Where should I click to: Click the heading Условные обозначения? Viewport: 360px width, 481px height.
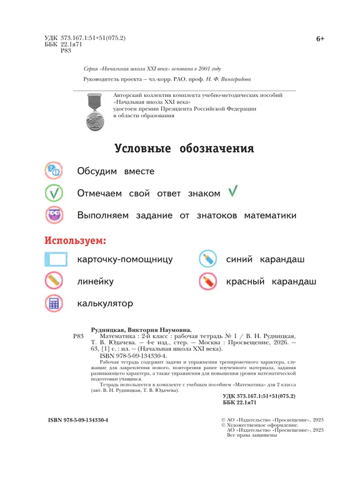tap(184, 149)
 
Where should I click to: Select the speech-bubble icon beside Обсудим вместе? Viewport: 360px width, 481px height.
tap(55, 171)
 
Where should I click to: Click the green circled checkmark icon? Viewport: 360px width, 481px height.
tap(55, 193)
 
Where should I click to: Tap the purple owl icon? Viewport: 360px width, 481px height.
tap(55, 215)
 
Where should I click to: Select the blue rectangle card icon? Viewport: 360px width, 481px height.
tap(55, 260)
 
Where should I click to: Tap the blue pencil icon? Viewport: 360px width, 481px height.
tap(208, 259)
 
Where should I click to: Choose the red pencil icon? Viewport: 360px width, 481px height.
tap(208, 282)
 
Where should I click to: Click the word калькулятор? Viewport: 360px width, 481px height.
tap(105, 303)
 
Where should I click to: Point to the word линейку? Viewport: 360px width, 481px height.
tap(96, 281)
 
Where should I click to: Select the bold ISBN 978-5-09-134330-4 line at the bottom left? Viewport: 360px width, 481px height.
tap(78, 420)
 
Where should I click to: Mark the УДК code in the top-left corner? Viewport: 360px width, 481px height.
tap(85, 38)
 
